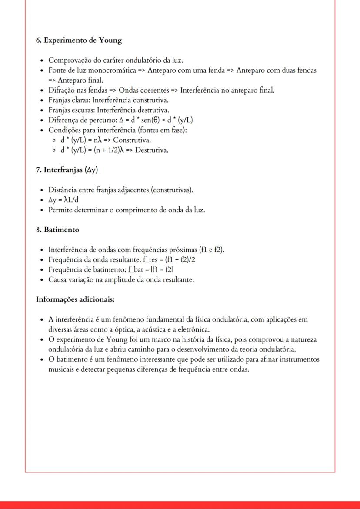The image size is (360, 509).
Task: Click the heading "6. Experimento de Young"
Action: (79, 40)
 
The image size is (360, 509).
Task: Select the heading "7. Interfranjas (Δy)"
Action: (67, 169)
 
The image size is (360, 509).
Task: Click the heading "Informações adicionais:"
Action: (75, 299)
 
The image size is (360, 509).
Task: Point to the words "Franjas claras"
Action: (67, 100)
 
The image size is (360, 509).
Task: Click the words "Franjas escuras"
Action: (69, 110)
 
